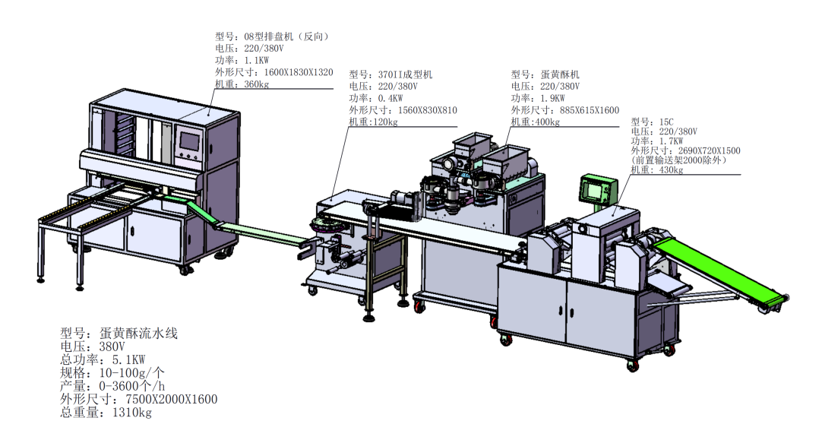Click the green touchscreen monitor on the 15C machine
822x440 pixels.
click(598, 188)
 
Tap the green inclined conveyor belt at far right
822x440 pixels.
click(720, 269)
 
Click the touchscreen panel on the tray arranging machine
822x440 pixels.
click(189, 141)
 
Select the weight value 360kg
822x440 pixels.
click(257, 84)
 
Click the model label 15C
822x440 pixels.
click(667, 122)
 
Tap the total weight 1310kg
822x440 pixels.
click(131, 413)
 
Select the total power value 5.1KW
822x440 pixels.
click(128, 359)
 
